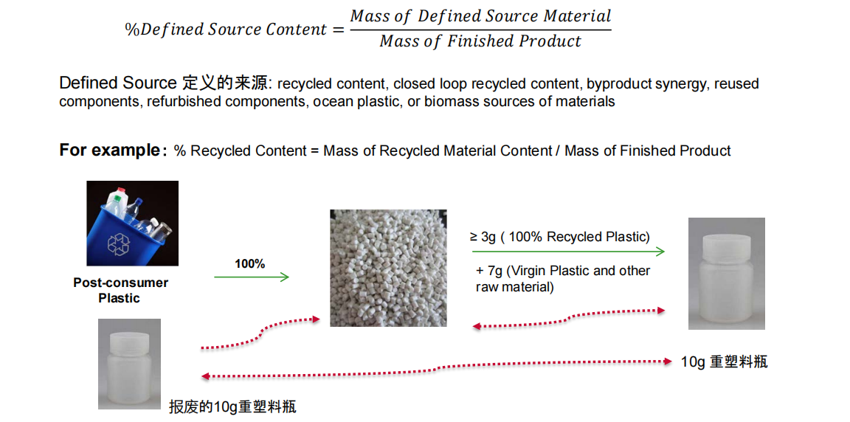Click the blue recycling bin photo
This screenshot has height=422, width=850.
click(132, 224)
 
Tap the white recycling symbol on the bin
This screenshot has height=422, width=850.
click(119, 243)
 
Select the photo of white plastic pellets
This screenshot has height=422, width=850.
click(388, 268)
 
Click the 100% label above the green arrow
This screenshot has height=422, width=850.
click(250, 264)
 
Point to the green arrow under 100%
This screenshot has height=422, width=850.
click(252, 277)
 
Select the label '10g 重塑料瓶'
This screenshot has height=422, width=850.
click(725, 362)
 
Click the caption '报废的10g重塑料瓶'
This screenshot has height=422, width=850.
click(232, 407)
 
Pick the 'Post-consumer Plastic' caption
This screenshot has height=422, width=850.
click(120, 291)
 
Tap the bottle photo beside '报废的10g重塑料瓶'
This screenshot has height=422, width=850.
click(130, 364)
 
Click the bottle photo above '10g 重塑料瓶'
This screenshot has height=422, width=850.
click(726, 274)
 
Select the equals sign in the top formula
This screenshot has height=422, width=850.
click(338, 30)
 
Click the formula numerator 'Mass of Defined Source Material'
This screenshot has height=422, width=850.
click(480, 15)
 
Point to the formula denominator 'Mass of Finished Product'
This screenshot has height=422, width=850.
click(480, 41)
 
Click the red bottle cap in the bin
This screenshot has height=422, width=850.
click(122, 190)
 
